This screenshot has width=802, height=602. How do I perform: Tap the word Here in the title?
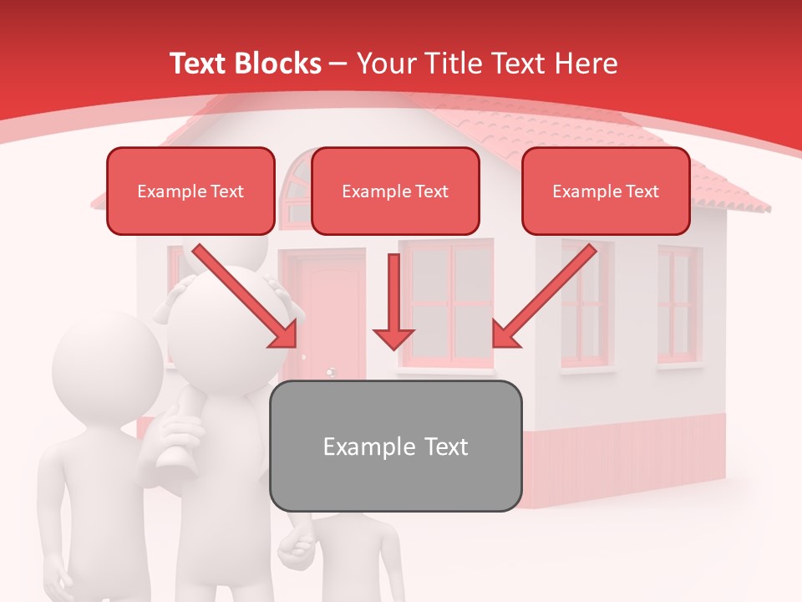[585, 64]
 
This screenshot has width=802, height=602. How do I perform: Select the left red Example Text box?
[190, 191]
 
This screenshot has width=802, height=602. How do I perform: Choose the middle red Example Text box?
[395, 191]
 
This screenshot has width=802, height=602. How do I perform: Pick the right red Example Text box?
[606, 191]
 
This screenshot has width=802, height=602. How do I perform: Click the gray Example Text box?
[395, 446]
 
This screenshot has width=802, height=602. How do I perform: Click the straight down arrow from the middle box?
[393, 301]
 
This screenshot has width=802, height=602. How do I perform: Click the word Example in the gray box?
[363, 446]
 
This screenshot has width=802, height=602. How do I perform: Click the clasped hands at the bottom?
[294, 548]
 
